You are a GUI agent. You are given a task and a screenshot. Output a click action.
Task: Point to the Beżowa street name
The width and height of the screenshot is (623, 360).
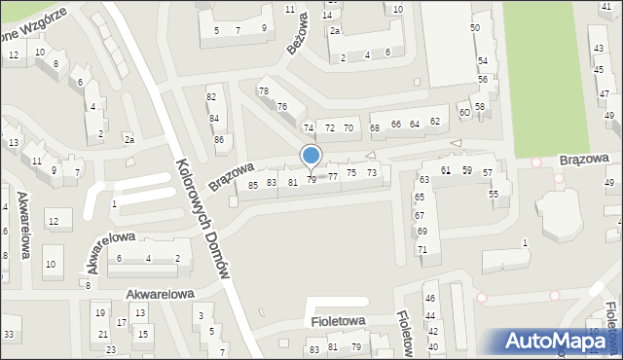297,34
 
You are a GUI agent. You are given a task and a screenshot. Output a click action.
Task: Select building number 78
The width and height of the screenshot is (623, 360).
263,90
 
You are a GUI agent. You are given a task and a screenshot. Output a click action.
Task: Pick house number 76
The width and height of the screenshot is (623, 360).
282,106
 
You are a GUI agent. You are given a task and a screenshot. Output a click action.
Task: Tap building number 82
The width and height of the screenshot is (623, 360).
211,96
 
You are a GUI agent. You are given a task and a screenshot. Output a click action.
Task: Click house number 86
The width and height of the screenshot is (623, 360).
220,139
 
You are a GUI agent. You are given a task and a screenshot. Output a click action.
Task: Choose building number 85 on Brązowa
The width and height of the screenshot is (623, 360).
253,184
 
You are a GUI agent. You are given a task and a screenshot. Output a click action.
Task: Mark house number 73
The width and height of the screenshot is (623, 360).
372,172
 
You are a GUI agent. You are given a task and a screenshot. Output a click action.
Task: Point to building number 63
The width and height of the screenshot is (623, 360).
424,180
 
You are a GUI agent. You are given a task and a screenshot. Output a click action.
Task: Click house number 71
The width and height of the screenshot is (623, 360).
422,249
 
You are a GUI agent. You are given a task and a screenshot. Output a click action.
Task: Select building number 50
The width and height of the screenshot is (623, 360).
475,27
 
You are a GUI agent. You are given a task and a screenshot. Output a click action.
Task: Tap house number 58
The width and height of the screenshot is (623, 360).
480,105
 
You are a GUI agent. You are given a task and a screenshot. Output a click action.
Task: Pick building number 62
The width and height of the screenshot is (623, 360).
435,122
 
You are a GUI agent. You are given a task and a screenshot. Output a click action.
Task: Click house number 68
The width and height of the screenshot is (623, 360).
375,127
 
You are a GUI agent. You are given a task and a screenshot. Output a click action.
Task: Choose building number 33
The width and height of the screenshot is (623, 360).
9,335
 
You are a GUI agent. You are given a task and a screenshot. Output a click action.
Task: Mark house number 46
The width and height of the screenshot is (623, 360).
429,298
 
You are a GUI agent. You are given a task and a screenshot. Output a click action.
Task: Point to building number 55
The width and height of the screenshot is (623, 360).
494,194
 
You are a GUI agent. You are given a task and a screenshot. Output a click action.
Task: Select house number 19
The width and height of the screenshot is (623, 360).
99,312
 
